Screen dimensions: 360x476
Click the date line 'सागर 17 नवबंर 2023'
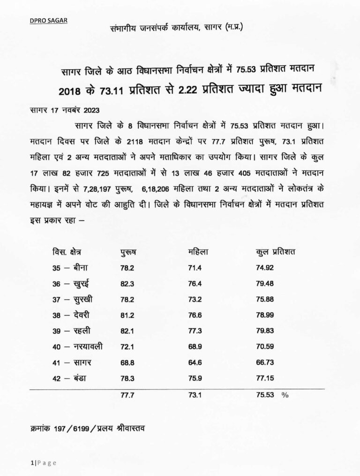(x=57, y=112)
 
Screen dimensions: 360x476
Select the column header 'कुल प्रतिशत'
(x=278, y=253)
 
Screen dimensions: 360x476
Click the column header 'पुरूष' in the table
(x=128, y=254)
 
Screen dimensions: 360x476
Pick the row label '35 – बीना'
(x=68, y=268)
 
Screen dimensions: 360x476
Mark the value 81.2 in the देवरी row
(x=127, y=315)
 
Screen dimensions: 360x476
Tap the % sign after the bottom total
(x=285, y=395)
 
